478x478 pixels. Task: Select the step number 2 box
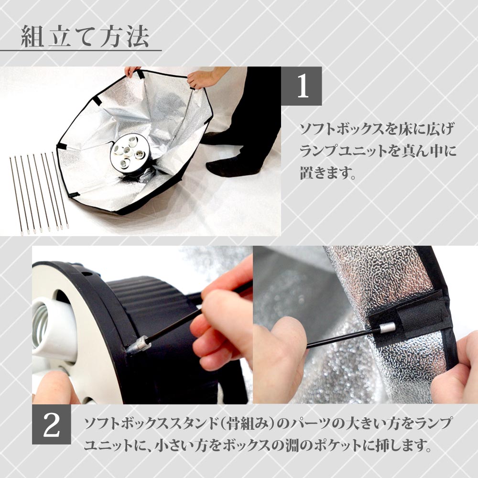pyautogui.click(x=51, y=426)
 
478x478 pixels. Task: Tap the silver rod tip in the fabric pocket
pyautogui.click(x=386, y=328)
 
